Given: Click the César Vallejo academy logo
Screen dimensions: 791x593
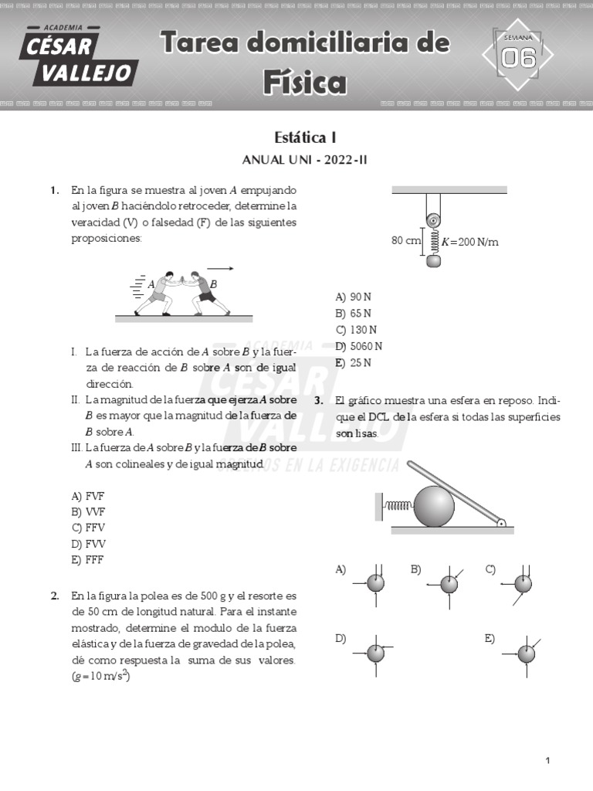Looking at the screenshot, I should click(x=80, y=56).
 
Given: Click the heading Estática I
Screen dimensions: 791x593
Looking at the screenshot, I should click(x=305, y=137).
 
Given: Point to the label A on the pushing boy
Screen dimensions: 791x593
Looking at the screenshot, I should click(x=151, y=284).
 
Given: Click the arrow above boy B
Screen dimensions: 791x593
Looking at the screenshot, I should click(x=221, y=269).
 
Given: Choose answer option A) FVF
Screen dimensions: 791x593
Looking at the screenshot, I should click(x=88, y=496).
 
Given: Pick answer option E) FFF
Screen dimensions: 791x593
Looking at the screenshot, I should click(x=87, y=560).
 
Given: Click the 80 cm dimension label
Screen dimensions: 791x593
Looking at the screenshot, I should click(x=406, y=241).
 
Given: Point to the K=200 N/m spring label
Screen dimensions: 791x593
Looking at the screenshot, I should click(x=469, y=242).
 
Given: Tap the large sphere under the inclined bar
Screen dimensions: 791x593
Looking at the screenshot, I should click(x=434, y=506).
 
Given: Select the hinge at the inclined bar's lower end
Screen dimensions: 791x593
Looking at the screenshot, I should click(x=501, y=522).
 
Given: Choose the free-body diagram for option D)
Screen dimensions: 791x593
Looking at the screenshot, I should click(x=375, y=654).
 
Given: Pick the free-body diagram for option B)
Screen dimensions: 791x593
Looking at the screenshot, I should click(x=449, y=584).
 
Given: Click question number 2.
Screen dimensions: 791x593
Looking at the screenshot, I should click(x=55, y=596).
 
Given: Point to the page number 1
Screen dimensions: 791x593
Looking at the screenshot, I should click(x=547, y=761).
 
